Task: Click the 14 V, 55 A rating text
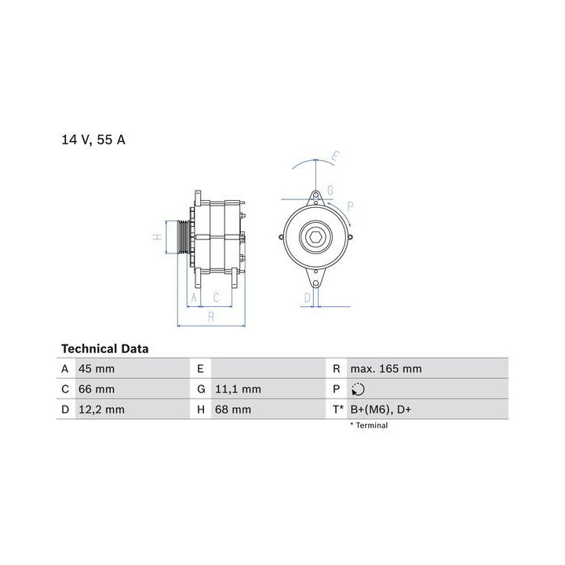pyautogui.click(x=93, y=140)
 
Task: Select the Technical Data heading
pyautogui.click(x=105, y=348)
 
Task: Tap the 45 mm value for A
pyautogui.click(x=97, y=369)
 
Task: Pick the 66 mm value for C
pyautogui.click(x=97, y=389)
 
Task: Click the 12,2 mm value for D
pyautogui.click(x=101, y=410)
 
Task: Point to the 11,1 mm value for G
pyautogui.click(x=238, y=389)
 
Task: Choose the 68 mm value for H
pyautogui.click(x=233, y=410)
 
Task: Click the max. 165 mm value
pyautogui.click(x=386, y=369)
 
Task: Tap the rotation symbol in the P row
pyautogui.click(x=358, y=389)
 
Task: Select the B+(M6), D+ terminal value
pyautogui.click(x=381, y=410)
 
